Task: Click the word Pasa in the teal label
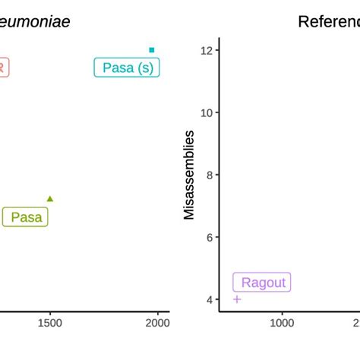click(x=118, y=68)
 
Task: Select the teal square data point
click(x=152, y=50)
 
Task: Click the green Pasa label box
click(x=26, y=218)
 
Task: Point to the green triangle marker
click(x=50, y=199)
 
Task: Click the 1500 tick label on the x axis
click(x=50, y=323)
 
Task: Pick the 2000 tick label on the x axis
click(x=158, y=323)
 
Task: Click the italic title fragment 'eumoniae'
click(x=35, y=21)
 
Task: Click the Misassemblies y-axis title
click(x=189, y=175)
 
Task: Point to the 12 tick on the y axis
click(x=205, y=50)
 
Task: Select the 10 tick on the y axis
click(x=205, y=112)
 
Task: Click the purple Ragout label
click(x=263, y=283)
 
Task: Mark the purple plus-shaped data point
click(x=237, y=299)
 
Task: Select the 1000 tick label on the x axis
click(x=282, y=323)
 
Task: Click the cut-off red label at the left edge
click(x=3, y=68)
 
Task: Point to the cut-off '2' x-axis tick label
click(x=356, y=323)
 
